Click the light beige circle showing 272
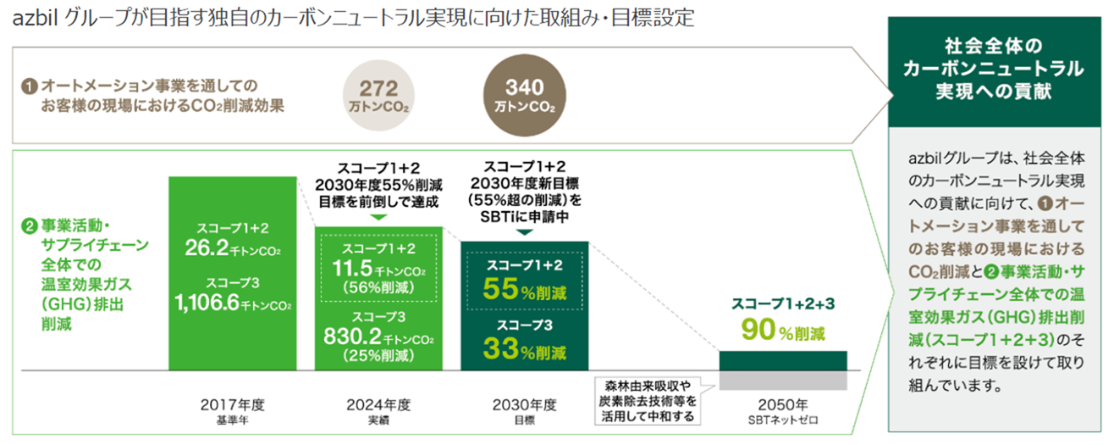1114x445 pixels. (379, 97)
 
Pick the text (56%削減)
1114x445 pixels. (378, 286)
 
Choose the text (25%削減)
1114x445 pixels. (378, 355)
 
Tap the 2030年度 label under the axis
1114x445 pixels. (524, 404)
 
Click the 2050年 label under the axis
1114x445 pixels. (782, 404)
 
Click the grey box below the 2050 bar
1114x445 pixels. (782, 381)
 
